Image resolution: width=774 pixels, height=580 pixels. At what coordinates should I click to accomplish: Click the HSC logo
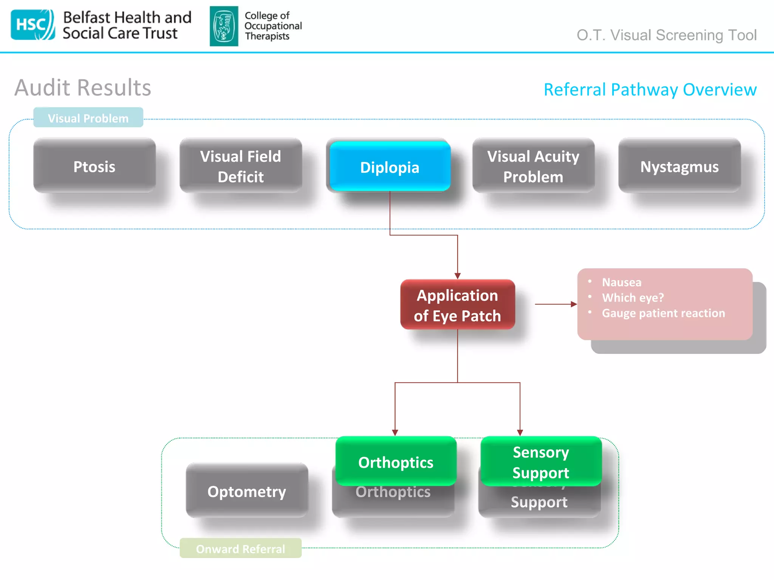point(33,25)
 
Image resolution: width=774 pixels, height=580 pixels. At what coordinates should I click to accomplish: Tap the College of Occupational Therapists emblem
point(224,26)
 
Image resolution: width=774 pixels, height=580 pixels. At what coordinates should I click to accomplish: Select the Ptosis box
point(94,166)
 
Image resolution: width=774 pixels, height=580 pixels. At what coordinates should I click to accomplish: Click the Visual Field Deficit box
point(241,166)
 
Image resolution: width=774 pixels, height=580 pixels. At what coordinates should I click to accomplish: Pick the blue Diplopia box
point(390,167)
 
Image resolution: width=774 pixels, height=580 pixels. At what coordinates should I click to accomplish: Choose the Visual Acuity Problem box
point(533,166)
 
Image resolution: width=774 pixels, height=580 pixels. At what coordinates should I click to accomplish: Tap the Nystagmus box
point(679,166)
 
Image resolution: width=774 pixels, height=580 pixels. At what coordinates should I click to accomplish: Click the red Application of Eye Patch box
point(457,305)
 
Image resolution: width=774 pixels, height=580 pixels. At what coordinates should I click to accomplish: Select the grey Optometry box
point(247,491)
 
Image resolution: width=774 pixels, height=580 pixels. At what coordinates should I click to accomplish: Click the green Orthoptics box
point(396,461)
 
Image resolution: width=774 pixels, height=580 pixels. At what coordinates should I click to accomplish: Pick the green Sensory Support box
point(541,461)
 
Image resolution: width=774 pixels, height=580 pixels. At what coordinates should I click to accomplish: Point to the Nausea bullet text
point(621,282)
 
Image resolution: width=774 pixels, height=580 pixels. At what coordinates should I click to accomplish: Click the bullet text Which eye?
point(633,298)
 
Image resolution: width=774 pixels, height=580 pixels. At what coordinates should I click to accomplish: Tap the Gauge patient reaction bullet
point(663,313)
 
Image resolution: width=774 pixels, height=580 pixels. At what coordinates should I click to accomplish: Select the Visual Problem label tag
point(88,118)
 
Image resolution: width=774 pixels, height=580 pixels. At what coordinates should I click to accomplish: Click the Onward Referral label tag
point(240,548)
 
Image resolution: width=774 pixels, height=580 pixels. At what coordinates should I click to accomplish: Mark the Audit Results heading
point(83,88)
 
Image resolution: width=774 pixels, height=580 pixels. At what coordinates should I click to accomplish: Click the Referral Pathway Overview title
point(650,89)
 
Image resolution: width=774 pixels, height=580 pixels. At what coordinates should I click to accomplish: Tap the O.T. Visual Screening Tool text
point(666,35)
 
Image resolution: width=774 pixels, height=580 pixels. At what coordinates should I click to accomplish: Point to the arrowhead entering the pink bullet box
point(574,304)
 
